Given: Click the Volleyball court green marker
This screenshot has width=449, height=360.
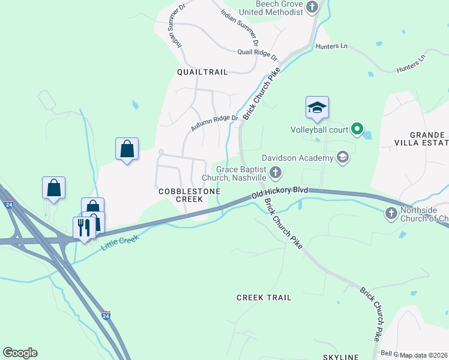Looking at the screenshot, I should click(x=357, y=129).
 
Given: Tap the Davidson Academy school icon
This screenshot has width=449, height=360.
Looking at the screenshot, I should click(x=343, y=158).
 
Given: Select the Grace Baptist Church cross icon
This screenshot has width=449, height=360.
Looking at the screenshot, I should click(x=276, y=173).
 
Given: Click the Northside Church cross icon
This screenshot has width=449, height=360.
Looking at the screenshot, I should click(x=391, y=213).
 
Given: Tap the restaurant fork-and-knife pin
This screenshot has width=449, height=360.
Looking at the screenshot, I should click(x=83, y=227).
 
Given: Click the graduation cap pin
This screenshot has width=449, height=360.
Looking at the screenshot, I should click(x=317, y=108).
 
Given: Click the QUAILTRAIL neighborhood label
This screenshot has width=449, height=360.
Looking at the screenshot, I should click(x=202, y=72).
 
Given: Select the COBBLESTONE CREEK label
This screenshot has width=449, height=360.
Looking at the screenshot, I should click(x=189, y=195).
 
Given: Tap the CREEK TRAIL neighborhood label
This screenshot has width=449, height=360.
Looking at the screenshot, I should click(x=264, y=298).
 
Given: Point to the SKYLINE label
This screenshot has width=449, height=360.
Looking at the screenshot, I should click(x=341, y=356).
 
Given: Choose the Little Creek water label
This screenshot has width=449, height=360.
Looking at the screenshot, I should click(x=120, y=243).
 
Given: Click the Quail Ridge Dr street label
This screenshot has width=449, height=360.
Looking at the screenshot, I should click(x=258, y=55).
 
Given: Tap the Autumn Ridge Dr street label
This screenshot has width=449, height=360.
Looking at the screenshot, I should click(x=215, y=124).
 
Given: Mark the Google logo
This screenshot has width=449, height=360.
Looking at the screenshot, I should click(x=20, y=353).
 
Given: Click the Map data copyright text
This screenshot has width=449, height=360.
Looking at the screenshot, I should click(x=423, y=355).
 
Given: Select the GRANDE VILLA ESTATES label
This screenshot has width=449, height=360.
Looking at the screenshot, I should click(x=427, y=139).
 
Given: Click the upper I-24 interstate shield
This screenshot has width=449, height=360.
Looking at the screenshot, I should click(x=8, y=204).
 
